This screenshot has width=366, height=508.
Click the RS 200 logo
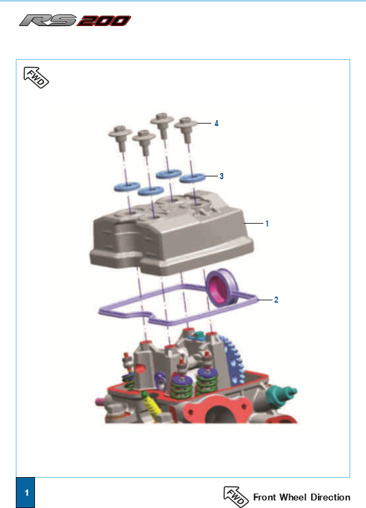coord(76,21)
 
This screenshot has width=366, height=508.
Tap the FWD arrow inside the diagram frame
coord(36,78)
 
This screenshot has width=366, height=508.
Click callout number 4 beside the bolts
coord(216,124)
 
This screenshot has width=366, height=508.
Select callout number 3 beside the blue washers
coord(221,176)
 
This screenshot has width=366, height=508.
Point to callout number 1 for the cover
coord(267,224)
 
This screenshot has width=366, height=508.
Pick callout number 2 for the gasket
coord(276,300)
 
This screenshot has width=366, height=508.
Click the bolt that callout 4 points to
coord(186,130)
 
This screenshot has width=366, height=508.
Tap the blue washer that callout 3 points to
coord(192,178)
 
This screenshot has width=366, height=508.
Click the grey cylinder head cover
coord(172,234)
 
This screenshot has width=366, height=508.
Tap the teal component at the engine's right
coord(279,394)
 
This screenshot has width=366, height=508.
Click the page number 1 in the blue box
coord(26,493)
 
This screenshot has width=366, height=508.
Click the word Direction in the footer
coord(330,497)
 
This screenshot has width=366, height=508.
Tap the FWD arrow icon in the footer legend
coord(236,496)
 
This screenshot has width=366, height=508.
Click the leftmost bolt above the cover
coord(120,138)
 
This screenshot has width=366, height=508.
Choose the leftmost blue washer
coord(127,187)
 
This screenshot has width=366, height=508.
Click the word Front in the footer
coord(264,497)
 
